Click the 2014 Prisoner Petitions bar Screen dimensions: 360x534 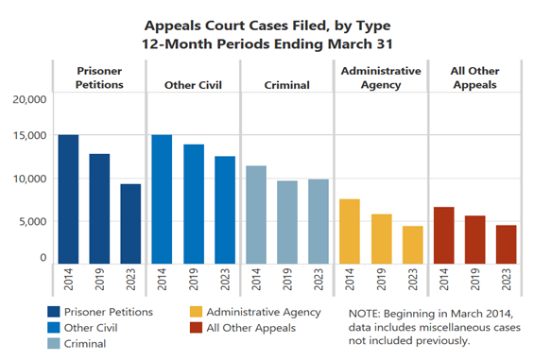[68, 198]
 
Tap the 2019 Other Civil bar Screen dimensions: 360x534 [194, 203]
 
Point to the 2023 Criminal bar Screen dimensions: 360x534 [319, 221]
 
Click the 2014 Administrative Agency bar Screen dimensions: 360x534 [350, 231]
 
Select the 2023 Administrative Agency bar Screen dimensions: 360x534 [412, 244]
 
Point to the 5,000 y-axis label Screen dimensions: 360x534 [30, 222]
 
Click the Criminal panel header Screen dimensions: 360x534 [287, 85]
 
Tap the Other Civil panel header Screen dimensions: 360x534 [194, 85]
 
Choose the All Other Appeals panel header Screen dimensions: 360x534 [474, 78]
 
